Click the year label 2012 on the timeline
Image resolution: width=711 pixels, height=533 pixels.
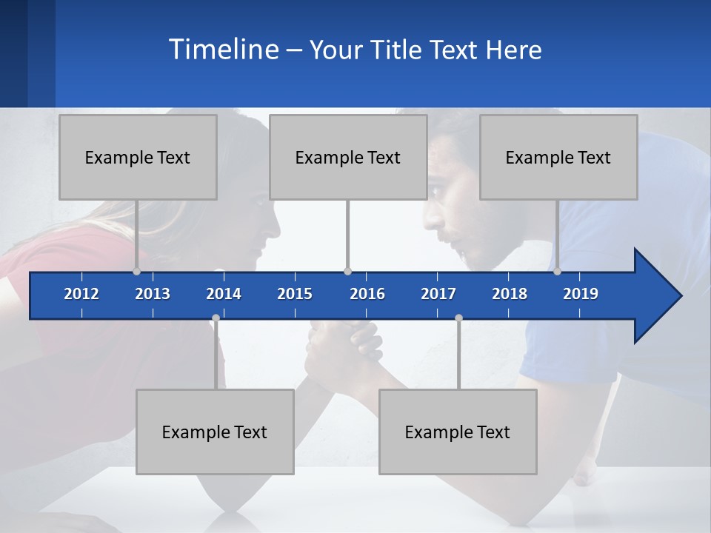81,294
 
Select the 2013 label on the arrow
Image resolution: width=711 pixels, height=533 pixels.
153,294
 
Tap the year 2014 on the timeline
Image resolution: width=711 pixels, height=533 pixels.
224,294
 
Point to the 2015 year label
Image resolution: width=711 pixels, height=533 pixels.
295,294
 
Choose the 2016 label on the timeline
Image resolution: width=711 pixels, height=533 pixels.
367,294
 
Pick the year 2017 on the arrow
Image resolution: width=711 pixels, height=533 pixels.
438,294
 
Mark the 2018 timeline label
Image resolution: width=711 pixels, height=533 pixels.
510,294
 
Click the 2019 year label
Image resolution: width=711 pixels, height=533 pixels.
581,294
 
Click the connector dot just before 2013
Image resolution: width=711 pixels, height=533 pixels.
136,272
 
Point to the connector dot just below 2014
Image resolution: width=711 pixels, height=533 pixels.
216,318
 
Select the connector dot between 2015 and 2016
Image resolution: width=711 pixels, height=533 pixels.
347,272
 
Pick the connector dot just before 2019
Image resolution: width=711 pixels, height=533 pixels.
557,272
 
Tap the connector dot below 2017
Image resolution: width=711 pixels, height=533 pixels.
458,318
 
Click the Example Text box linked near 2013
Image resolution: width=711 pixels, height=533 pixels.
138,157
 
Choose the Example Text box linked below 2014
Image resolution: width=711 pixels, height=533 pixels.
215,432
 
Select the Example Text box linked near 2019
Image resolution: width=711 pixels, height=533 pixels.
558,157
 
